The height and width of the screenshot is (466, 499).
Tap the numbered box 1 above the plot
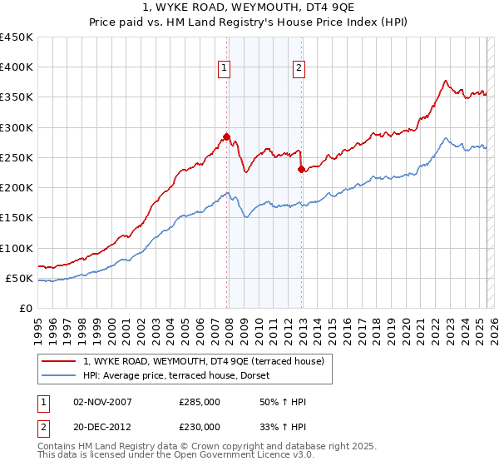click(225, 69)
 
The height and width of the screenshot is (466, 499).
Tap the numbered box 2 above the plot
click(299, 69)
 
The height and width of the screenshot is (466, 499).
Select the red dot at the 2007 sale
click(226, 136)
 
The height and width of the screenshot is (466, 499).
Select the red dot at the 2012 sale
click(302, 169)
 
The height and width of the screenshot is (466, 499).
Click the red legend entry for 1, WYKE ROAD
click(208, 361)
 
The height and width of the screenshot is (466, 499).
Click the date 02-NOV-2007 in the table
click(103, 402)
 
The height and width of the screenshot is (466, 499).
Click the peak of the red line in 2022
click(446, 81)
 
